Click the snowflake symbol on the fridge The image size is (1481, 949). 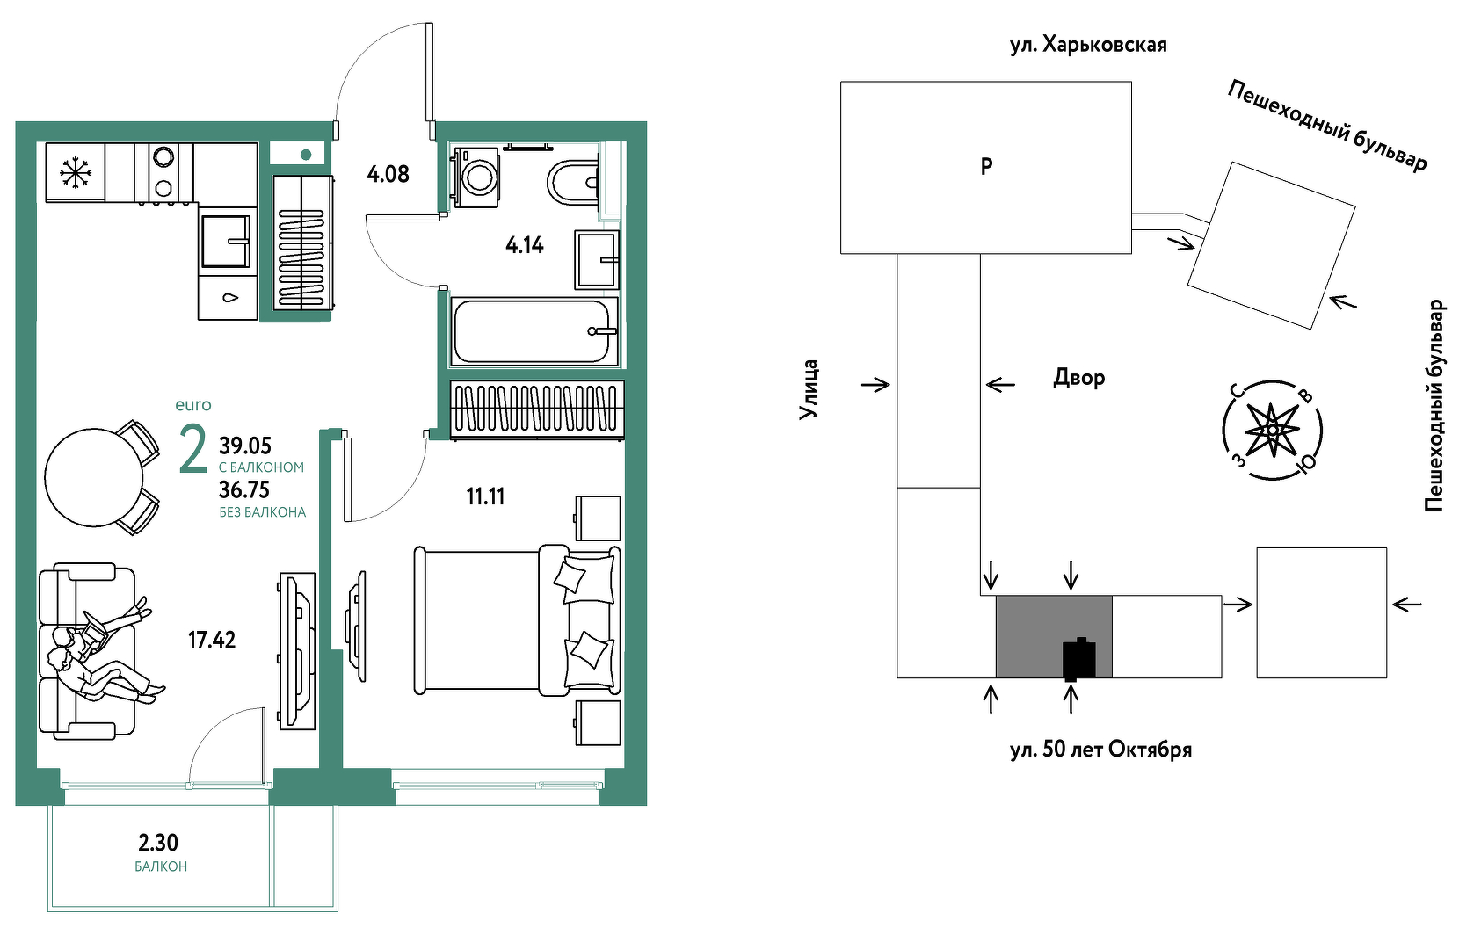tap(76, 173)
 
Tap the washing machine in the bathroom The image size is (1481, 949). tap(476, 177)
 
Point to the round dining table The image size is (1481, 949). tap(94, 478)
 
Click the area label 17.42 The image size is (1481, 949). tap(212, 640)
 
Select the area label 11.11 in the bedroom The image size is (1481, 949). tap(485, 496)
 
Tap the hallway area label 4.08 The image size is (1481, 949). tap(388, 175)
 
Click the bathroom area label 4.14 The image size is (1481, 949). tap(525, 245)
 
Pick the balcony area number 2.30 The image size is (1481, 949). tap(158, 843)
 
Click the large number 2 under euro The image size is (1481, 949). tap(193, 449)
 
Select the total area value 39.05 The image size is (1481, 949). tap(245, 446)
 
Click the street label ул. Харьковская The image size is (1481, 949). tap(1088, 45)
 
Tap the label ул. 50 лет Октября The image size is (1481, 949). tap(1100, 750)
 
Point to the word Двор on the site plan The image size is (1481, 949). tap(1079, 378)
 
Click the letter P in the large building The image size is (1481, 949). tap(986, 167)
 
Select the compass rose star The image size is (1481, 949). tap(1272, 431)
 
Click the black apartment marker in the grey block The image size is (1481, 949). tap(1078, 659)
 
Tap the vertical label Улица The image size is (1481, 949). tap(808, 390)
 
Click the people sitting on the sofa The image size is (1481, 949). tap(105, 651)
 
